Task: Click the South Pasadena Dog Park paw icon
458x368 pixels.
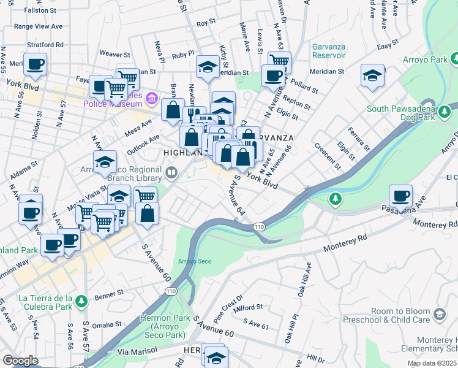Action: (x=445, y=112)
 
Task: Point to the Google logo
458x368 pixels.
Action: (x=20, y=361)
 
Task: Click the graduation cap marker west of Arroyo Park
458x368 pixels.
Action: (x=373, y=75)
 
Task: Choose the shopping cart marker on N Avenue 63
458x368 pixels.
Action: (x=279, y=61)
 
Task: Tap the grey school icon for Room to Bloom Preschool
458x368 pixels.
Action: (x=438, y=315)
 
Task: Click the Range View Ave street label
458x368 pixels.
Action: (x=39, y=26)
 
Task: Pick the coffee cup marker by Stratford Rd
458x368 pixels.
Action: (x=36, y=63)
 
